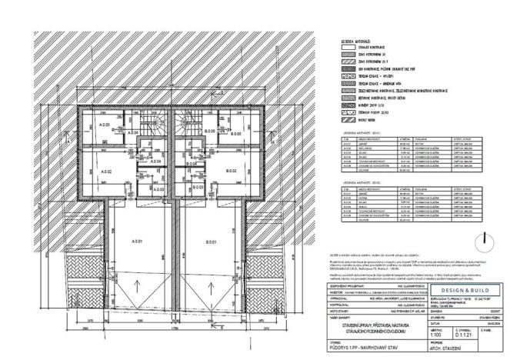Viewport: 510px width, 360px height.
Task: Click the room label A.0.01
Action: point(138,242)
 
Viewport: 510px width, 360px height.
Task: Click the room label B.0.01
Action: point(211,242)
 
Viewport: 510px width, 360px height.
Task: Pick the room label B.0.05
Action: point(236,134)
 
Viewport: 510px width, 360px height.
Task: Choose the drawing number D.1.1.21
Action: point(462,335)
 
